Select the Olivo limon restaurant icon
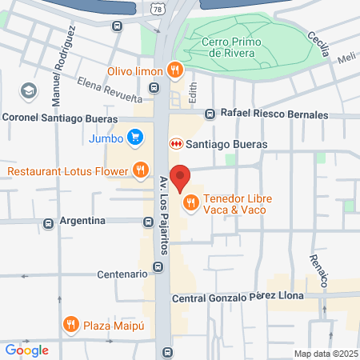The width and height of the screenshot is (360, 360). coord(174,70)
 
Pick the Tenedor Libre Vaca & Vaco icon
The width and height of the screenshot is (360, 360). coord(190,203)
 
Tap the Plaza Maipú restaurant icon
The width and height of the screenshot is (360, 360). coord(71,324)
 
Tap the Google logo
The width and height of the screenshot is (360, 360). coord(26,350)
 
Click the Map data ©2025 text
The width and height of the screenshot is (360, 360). coord(324,354)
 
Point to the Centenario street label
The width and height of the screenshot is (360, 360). coord(121,274)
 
